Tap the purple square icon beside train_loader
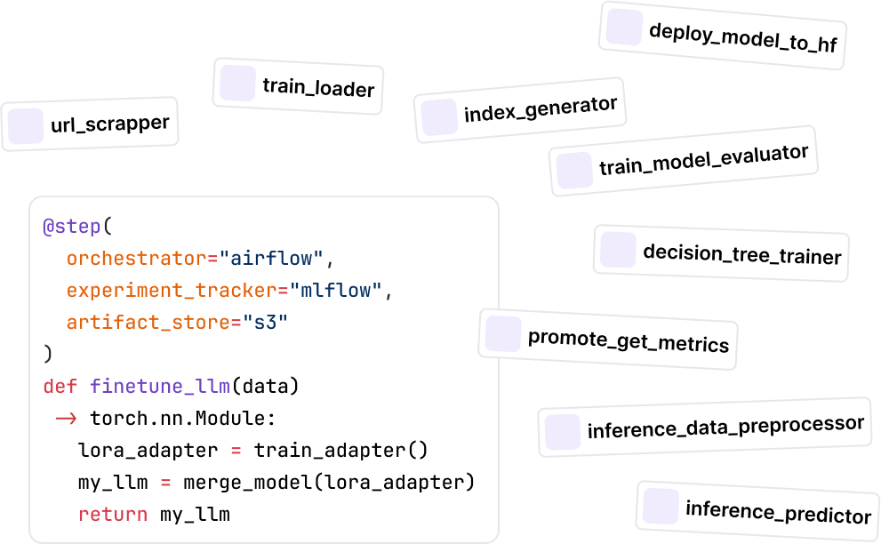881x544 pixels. pos(237,84)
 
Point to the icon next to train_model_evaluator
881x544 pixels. pos(573,169)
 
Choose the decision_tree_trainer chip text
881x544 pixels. pos(741,255)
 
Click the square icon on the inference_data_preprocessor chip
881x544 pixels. pos(563,431)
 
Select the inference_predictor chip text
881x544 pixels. pos(778,513)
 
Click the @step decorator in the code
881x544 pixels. pos(72,226)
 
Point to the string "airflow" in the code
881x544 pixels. pos(275,259)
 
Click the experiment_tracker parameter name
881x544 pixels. pos(165,291)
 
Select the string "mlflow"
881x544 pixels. pos(334,291)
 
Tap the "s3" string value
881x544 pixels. pos(266,322)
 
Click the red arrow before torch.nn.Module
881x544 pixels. pos(66,419)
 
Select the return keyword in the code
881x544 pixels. pos(113,514)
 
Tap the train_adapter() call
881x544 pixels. pos(341,450)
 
